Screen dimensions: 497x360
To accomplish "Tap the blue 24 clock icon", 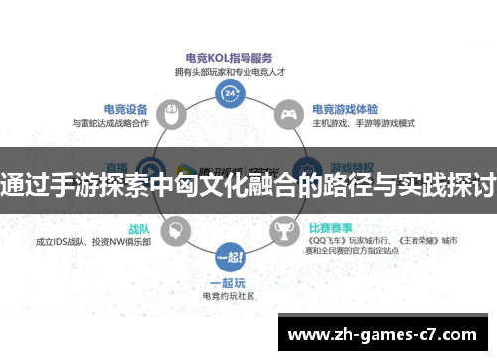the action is [232, 92].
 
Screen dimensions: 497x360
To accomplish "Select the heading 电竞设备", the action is [126, 109].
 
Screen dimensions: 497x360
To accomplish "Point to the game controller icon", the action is [287, 112].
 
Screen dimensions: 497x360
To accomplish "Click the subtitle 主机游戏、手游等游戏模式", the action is [363, 124].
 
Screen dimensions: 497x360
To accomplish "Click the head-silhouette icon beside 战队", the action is [176, 233].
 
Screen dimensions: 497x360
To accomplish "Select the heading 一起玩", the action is [232, 282].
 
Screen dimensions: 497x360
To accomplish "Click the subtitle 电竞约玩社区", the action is [231, 296].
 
